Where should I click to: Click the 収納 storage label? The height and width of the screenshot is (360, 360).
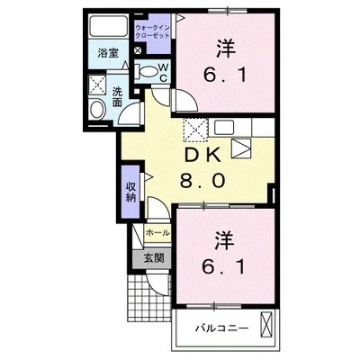pyautogui.click(x=130, y=191)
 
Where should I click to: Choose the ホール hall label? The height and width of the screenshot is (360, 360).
pyautogui.click(x=157, y=232)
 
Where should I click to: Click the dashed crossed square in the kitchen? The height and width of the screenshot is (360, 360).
pyautogui.click(x=194, y=130)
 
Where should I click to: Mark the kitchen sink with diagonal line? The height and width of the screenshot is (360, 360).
pyautogui.click(x=240, y=146)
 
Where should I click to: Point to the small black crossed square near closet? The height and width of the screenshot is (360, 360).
pyautogui.click(x=137, y=50)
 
